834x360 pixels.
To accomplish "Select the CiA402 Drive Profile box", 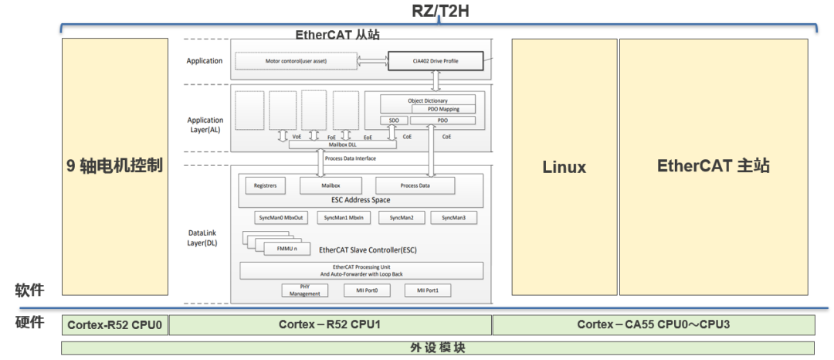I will click(x=435, y=60).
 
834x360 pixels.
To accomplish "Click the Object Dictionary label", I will click(x=428, y=100).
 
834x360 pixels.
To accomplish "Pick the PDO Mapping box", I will click(x=444, y=110).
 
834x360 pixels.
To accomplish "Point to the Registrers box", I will click(x=265, y=185).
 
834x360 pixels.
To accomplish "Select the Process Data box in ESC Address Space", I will click(x=415, y=185).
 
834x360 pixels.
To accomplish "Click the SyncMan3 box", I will click(x=453, y=218).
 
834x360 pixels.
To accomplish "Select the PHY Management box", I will click(x=304, y=290).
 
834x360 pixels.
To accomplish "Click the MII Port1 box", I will click(x=427, y=290).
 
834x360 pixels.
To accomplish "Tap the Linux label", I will click(x=564, y=167).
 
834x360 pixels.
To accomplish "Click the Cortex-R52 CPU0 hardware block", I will click(x=114, y=324).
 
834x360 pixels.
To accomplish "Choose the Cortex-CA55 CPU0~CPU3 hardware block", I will click(x=653, y=324).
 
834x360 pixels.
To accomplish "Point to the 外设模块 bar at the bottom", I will click(x=437, y=348).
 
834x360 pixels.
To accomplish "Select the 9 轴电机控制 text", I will click(x=114, y=165).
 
